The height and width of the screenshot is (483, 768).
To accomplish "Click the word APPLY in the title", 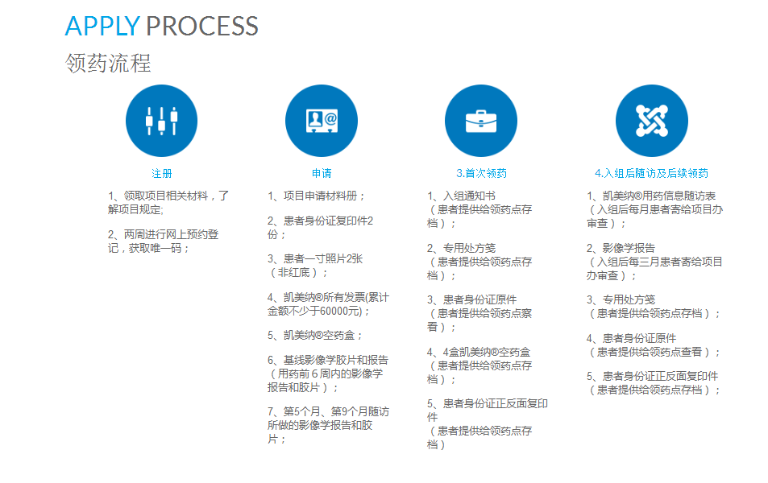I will tap(102, 26).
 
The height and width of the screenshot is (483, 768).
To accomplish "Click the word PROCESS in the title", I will tap(201, 26).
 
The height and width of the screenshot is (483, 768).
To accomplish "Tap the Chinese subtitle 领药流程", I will tap(108, 64).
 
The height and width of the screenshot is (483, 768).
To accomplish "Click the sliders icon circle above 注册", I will tap(161, 121).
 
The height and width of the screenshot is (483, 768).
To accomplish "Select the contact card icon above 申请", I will tap(321, 121).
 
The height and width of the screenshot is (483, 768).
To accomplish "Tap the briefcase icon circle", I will tap(480, 121).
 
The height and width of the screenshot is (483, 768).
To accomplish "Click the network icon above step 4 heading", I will tap(651, 121).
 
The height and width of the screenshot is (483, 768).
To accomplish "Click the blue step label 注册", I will tap(161, 173).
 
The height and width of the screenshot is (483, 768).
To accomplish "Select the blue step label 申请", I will tap(321, 173).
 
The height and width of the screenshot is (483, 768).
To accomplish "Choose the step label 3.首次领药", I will tap(481, 173).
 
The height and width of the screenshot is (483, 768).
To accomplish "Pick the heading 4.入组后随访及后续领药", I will tap(651, 173).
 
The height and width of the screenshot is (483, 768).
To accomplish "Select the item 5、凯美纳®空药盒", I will tap(315, 335).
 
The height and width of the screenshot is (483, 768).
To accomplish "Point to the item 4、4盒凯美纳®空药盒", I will tap(479, 352).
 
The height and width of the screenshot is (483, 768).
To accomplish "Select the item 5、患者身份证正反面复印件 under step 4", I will tap(652, 376).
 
